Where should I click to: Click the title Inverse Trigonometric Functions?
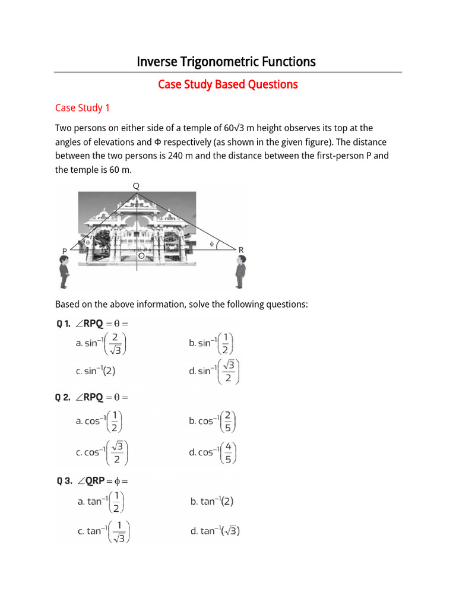pos(226,62)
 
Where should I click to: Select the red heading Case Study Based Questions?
pos(227,84)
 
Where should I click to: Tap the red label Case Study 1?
pos(83,107)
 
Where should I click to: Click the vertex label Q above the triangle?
pos(136,186)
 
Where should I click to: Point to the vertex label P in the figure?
pos(64,252)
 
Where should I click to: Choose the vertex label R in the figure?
pos(241,251)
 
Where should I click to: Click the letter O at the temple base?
pos(141,256)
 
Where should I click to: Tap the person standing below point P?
pos(64,275)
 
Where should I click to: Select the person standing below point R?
pos(240,274)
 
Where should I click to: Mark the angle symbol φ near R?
pos(212,244)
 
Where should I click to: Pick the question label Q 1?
pos(64,324)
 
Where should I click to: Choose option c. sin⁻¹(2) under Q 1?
pos(95,371)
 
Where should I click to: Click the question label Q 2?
pos(64,397)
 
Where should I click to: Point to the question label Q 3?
pos(64,480)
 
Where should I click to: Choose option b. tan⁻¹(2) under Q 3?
pos(212,502)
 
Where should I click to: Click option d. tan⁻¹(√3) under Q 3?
pos(215,531)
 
